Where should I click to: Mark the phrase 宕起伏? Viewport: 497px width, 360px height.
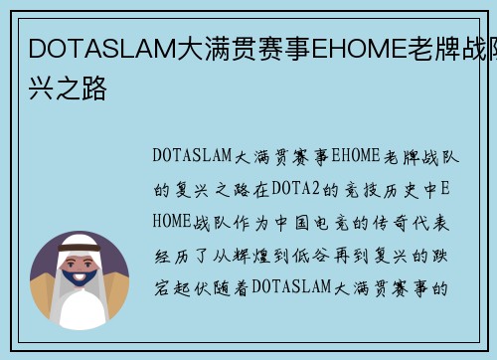click(x=180, y=288)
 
